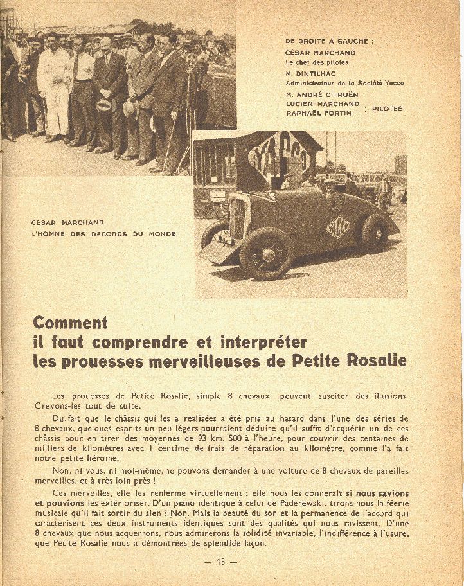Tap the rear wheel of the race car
pyautogui.click(x=375, y=232)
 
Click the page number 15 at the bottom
pyautogui.click(x=220, y=562)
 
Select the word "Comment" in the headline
pyautogui.click(x=70, y=323)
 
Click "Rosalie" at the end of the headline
pyautogui.click(x=377, y=360)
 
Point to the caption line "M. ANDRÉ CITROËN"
pyautogui.click(x=322, y=94)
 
